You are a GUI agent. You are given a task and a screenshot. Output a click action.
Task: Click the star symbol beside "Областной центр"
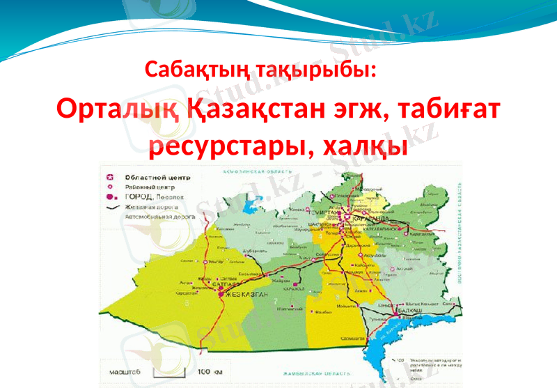[x=109, y=177]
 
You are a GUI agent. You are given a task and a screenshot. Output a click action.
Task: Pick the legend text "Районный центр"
[x=150, y=187]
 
